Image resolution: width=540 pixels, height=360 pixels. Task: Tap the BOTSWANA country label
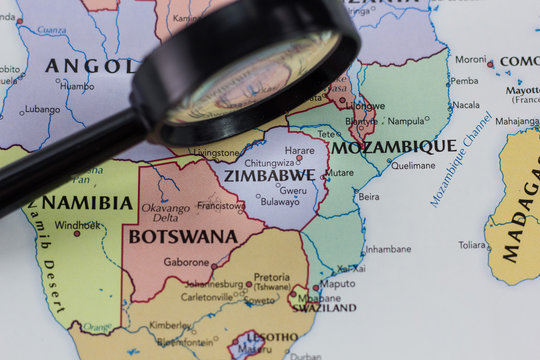coord(182,237)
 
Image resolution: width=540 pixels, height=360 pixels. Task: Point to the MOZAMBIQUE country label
coord(394,147)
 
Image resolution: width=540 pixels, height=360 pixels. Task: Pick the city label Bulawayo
coord(279,201)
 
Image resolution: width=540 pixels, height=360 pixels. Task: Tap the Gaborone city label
coord(186,261)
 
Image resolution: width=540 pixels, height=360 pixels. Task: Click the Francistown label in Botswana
coord(221,206)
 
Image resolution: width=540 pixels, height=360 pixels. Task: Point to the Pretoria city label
coord(272,276)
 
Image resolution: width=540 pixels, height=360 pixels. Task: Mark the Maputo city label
coord(337,283)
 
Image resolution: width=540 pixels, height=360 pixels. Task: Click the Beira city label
coord(368,197)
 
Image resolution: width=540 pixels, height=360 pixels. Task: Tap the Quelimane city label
coord(413,166)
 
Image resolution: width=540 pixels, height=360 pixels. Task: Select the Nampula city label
coord(406,121)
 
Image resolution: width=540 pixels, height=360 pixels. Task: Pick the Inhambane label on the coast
coord(388,249)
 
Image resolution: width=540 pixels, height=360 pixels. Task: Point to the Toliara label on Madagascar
coord(472,244)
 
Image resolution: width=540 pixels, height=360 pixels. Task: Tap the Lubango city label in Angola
coord(43,109)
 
